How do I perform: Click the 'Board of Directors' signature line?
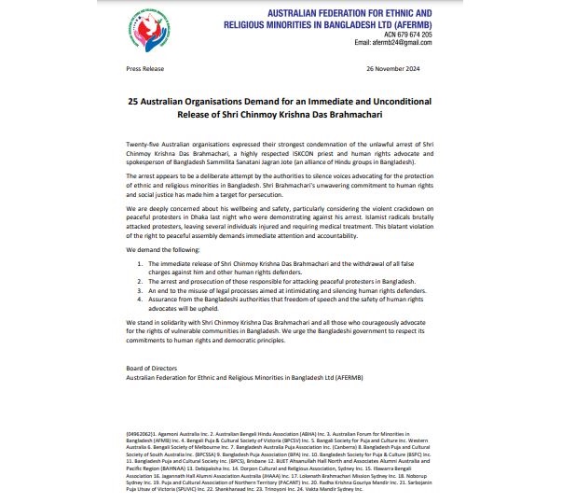pyautogui.click(x=152, y=368)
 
